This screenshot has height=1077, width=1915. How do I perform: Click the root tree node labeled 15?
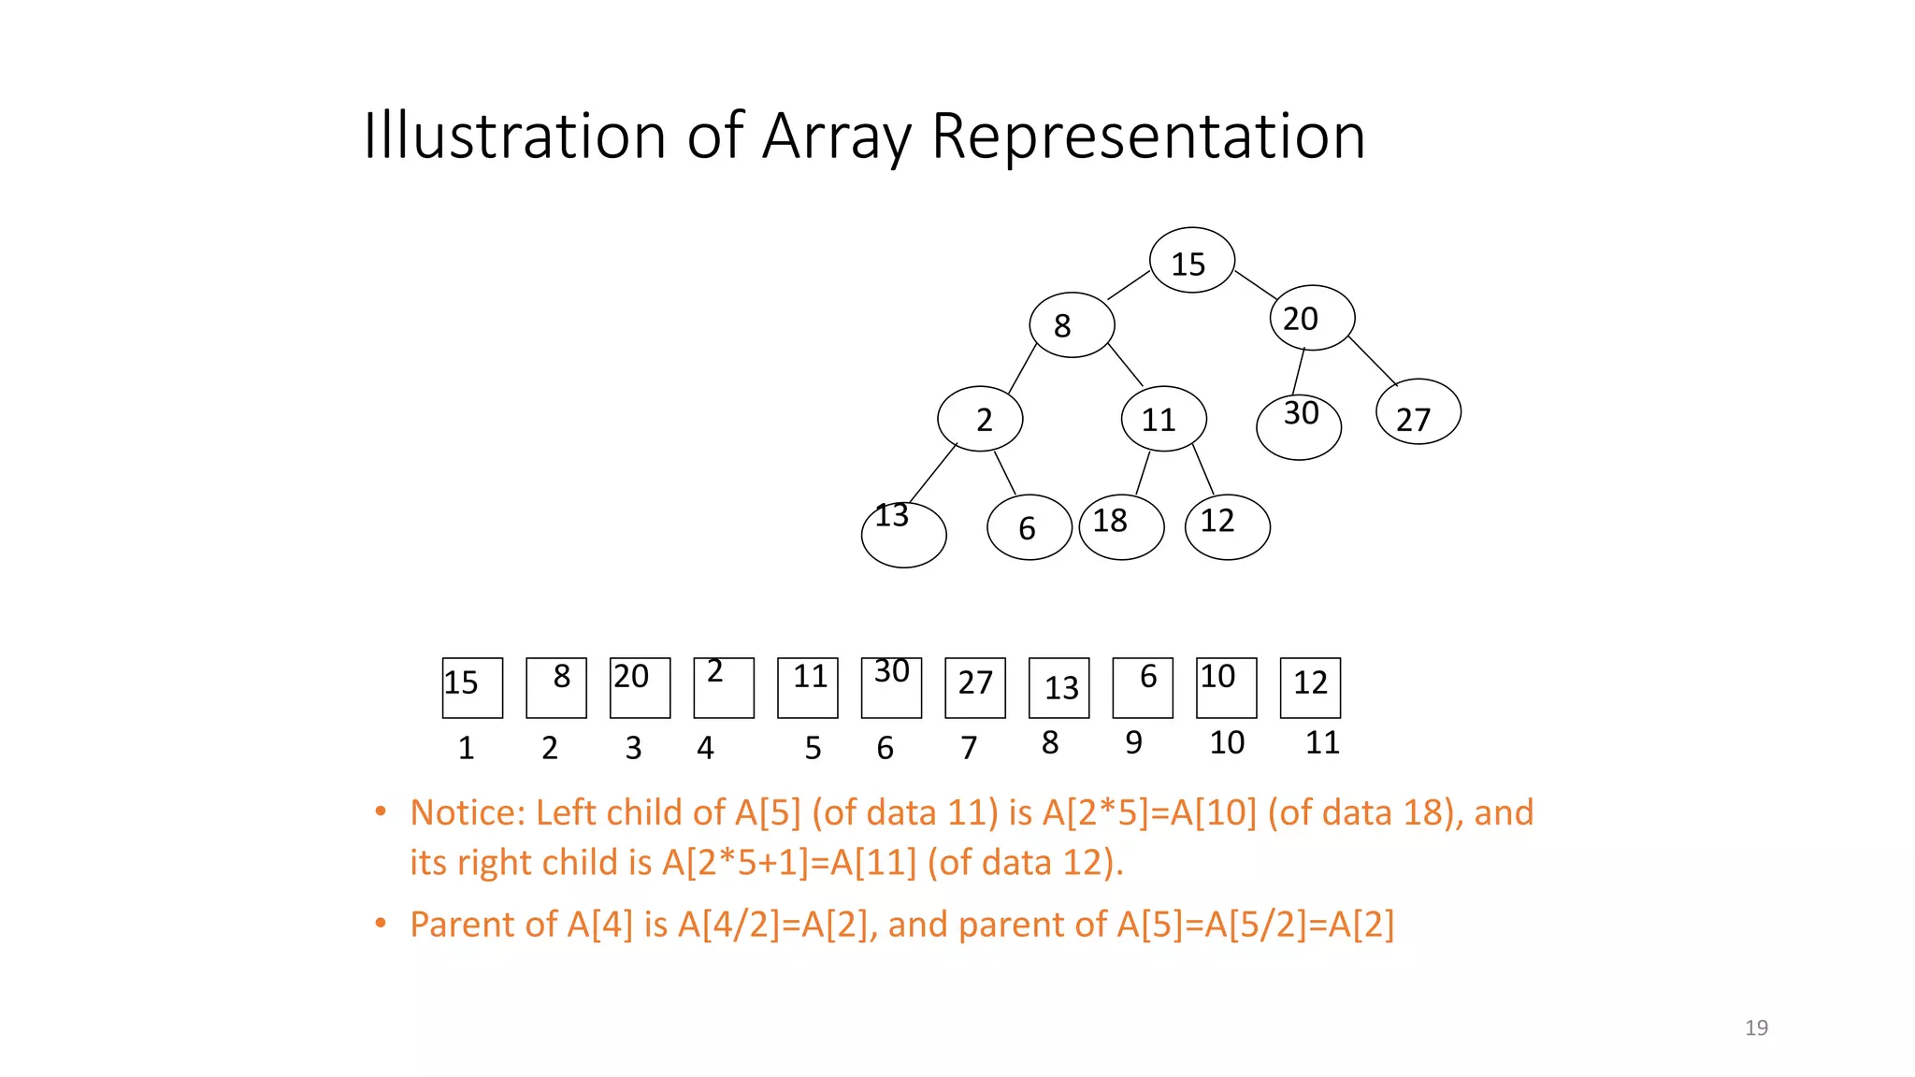tap(1191, 260)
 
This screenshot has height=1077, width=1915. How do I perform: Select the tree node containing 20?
tap(1312, 318)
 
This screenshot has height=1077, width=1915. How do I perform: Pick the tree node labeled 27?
tap(1418, 411)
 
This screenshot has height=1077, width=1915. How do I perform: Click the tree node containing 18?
tap(1121, 527)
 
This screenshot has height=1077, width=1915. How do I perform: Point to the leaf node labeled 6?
tap(1029, 527)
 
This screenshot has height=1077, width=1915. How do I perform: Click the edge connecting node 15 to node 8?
tap(1129, 285)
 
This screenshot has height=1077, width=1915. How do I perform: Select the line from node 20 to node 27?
tap(1373, 361)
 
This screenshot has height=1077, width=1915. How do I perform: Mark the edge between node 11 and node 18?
tap(1143, 473)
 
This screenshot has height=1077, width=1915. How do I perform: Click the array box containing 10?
tap(1226, 688)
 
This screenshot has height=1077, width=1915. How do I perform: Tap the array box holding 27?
tap(975, 688)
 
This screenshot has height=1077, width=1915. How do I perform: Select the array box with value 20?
tap(640, 688)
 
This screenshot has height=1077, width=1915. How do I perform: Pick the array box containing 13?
tap(1058, 688)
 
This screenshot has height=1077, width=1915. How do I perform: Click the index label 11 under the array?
tap(1322, 742)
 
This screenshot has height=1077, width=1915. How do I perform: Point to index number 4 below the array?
tap(705, 748)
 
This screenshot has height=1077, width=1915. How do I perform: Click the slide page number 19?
tap(1756, 1027)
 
